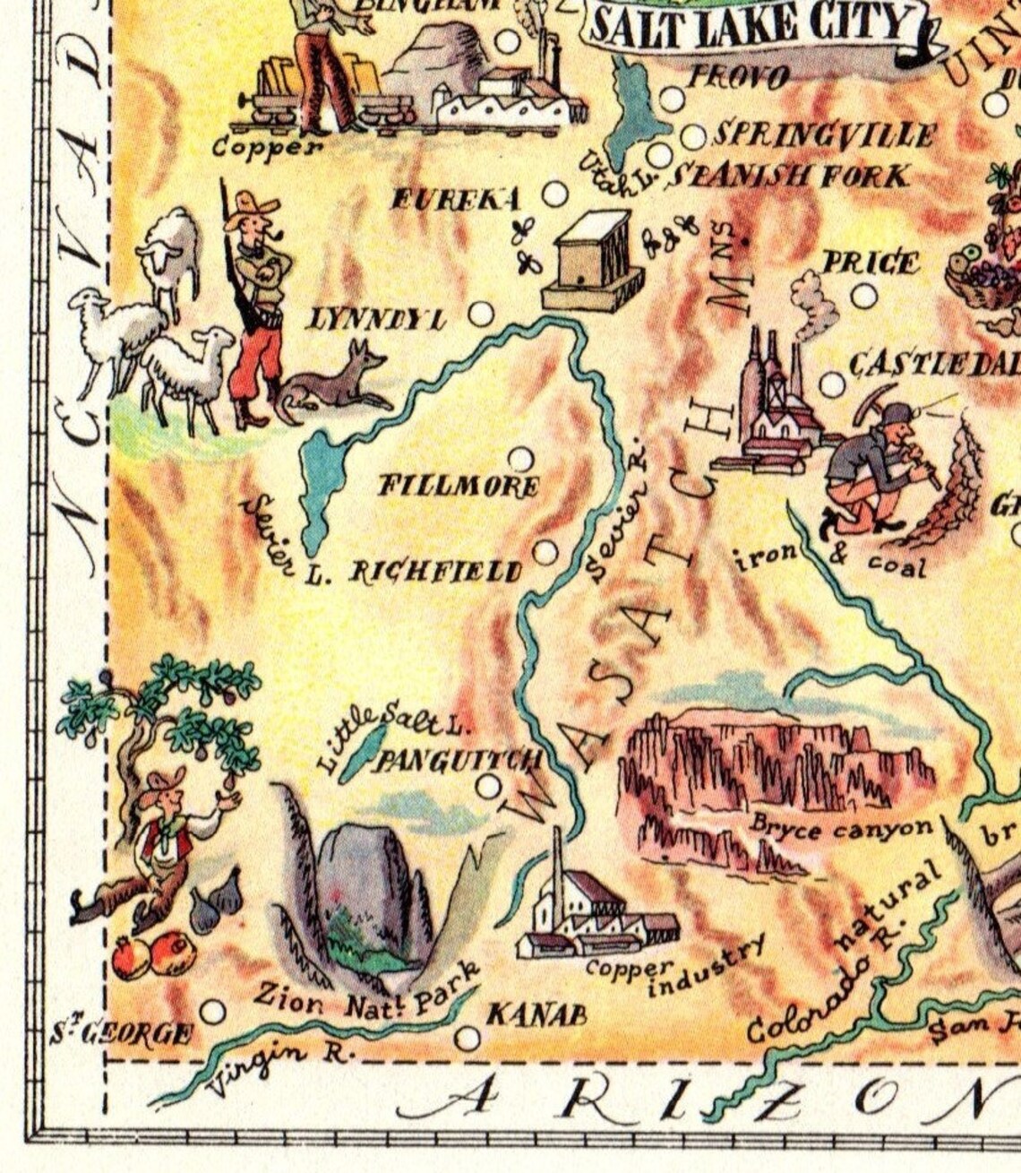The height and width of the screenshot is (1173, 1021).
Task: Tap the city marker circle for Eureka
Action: click(x=555, y=194)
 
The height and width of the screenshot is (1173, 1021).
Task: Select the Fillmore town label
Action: click(x=458, y=487)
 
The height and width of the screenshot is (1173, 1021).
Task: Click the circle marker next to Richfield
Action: click(x=545, y=552)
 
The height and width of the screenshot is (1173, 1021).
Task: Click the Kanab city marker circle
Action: click(x=467, y=1039)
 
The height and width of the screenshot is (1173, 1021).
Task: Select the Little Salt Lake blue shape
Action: click(x=364, y=751)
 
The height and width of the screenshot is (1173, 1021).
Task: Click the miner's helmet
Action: click(x=896, y=414)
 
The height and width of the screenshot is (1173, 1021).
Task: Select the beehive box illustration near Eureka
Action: click(x=591, y=260)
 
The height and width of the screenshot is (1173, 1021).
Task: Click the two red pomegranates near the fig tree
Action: click(x=153, y=955)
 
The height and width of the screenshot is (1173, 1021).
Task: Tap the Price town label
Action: click(x=870, y=263)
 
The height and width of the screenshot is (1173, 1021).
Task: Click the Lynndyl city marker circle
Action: click(x=482, y=314)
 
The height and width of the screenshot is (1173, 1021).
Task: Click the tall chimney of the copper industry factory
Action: click(x=558, y=865)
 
